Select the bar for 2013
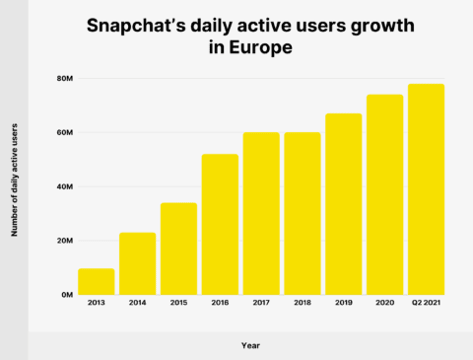pos(97,281)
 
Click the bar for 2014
pos(138,263)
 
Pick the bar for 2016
pos(220,224)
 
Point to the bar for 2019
pos(344,204)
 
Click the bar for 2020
pos(384,194)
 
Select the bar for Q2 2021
pos(426,189)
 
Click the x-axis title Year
pos(251,345)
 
